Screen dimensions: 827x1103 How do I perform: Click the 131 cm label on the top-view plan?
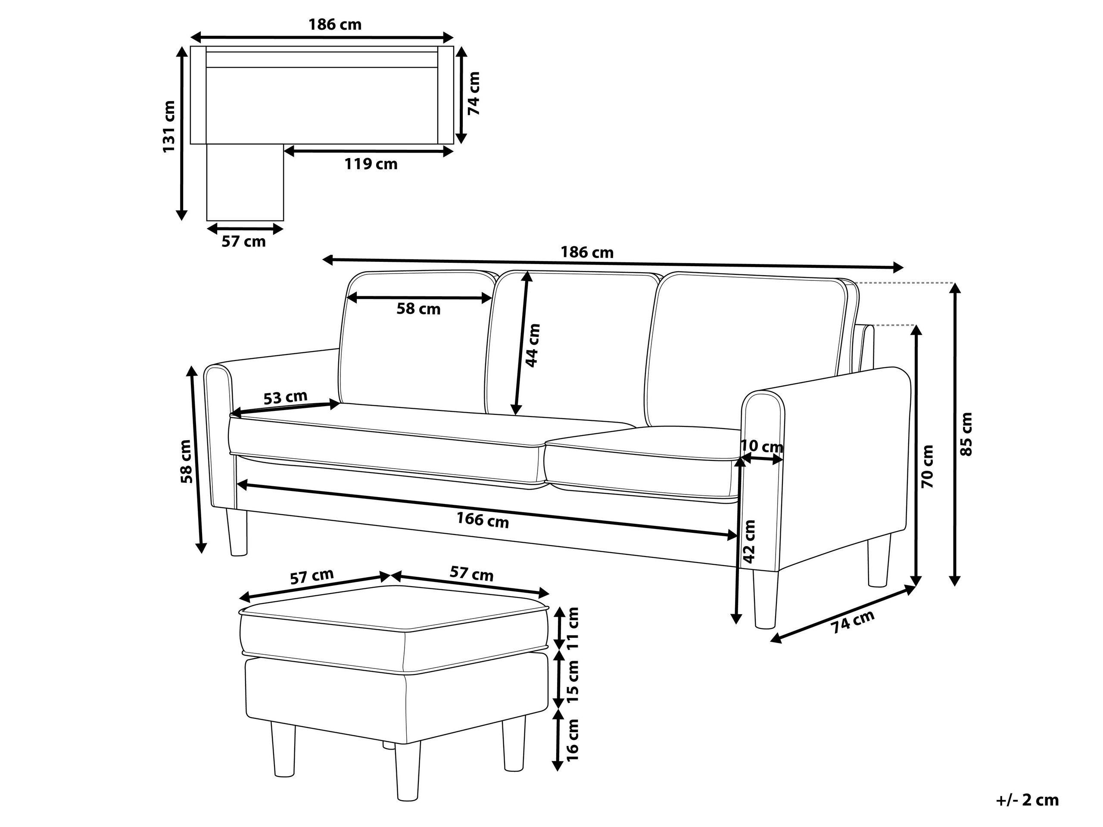pyautogui.click(x=169, y=127)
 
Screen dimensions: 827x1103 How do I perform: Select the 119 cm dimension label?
pyautogui.click(x=371, y=164)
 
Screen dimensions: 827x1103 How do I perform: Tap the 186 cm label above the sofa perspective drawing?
pyautogui.click(x=587, y=252)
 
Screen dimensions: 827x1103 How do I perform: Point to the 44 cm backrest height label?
pyautogui.click(x=533, y=345)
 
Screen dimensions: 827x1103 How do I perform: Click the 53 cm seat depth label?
pyautogui.click(x=285, y=397)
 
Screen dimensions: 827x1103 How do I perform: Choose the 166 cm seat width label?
pyautogui.click(x=483, y=520)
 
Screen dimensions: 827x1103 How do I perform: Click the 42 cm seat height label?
pyautogui.click(x=749, y=541)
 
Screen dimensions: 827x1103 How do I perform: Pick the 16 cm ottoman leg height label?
pyautogui.click(x=573, y=739)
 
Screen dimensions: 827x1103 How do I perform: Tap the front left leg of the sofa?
pyautogui.click(x=238, y=532)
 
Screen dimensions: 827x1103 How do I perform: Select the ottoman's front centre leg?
pyautogui.click(x=407, y=773)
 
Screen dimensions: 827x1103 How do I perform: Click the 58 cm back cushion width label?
pyautogui.click(x=418, y=309)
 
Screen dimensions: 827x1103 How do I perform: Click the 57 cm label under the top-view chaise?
pyautogui.click(x=243, y=242)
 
